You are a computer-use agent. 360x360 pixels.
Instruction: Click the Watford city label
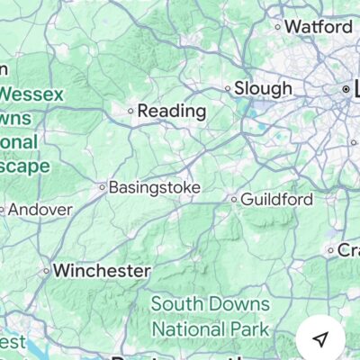click(x=319, y=27)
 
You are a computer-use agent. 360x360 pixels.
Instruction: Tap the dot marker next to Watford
click(x=278, y=27)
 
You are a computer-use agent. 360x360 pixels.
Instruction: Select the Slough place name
click(x=263, y=88)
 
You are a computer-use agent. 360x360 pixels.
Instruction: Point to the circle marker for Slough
click(x=228, y=88)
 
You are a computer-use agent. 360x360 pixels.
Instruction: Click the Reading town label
click(x=171, y=111)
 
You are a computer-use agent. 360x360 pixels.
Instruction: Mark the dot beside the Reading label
click(x=130, y=111)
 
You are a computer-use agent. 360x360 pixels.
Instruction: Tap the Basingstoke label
click(x=154, y=188)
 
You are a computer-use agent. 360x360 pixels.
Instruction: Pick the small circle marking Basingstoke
click(x=102, y=188)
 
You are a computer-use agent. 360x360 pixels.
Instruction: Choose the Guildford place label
click(x=277, y=199)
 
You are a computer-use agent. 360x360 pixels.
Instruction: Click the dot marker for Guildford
click(x=234, y=199)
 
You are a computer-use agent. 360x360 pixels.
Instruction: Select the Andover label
click(x=40, y=210)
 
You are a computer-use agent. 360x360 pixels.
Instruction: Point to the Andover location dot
click(x=3, y=211)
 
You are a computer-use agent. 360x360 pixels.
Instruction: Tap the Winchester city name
click(x=101, y=270)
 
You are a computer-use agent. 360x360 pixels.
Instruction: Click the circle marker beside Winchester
click(x=46, y=270)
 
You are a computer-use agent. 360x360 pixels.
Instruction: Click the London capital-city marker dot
click(x=346, y=90)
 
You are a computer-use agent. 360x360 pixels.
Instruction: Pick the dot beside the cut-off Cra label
click(x=331, y=250)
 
